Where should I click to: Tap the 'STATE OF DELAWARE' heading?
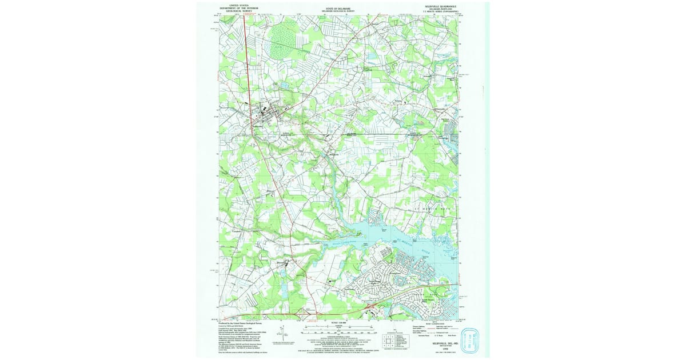[338, 9]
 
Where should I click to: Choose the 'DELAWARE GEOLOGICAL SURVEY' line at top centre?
[338, 11]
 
